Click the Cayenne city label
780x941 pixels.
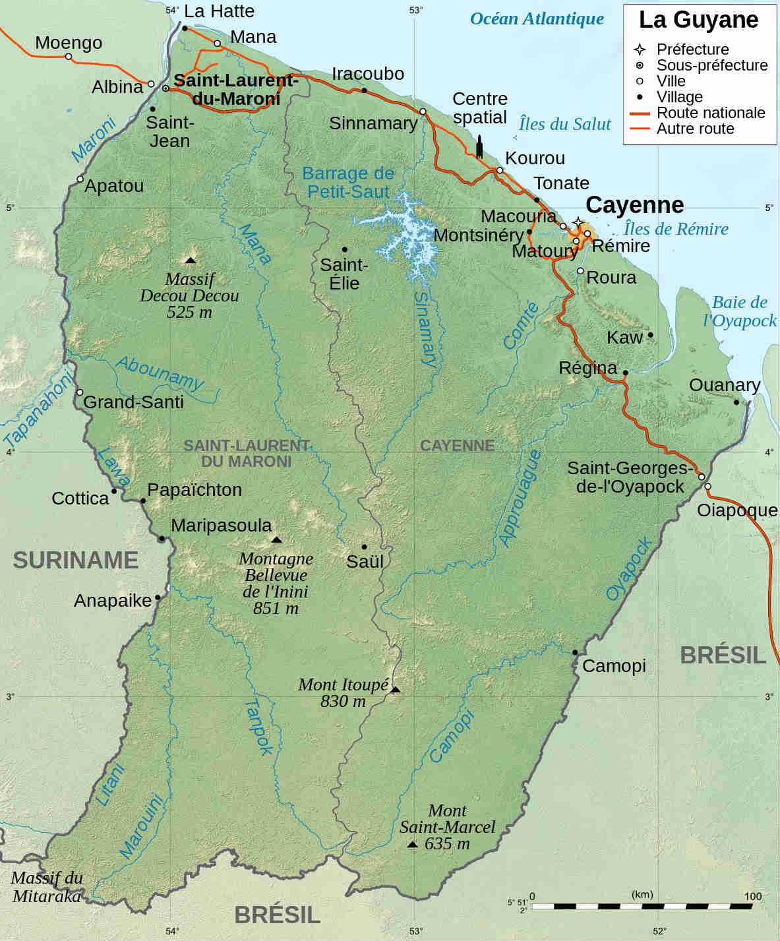coord(634,205)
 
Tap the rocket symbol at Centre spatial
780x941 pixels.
coord(479,146)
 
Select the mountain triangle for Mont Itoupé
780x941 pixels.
coord(395,690)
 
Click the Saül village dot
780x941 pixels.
coord(364,547)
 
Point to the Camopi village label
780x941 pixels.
coord(614,666)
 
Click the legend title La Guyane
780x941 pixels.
coord(698,20)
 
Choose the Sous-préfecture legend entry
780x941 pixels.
coord(711,65)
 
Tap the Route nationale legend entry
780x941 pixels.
coord(710,113)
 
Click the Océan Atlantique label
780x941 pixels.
coord(537,19)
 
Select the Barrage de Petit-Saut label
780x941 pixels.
coord(347,183)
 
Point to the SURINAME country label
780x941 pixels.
coord(76,561)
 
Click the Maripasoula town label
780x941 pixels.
coord(221,526)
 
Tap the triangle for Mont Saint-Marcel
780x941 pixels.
coord(412,844)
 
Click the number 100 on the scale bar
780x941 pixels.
coord(752,896)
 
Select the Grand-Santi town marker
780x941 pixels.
coord(80,392)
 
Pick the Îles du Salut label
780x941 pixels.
coord(564,124)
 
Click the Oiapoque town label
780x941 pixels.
coord(737,510)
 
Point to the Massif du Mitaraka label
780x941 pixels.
coord(47,887)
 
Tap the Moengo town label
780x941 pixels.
coord(69,43)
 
